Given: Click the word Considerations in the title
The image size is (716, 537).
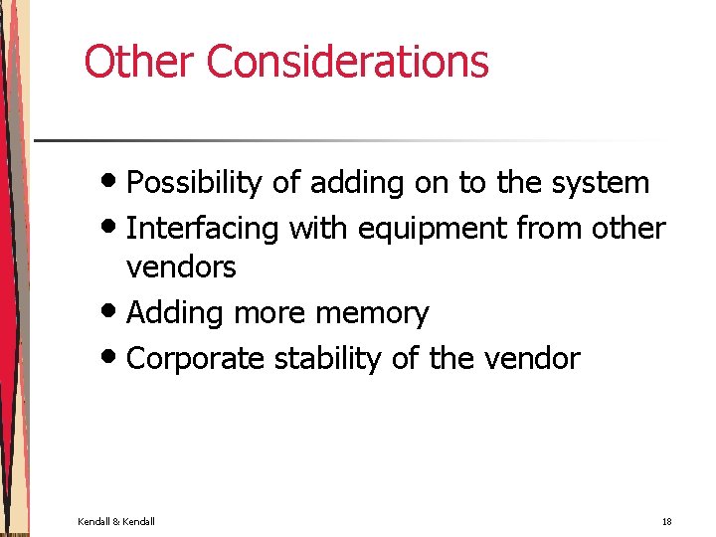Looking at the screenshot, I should click(347, 62).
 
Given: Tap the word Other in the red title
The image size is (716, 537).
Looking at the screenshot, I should click(140, 62).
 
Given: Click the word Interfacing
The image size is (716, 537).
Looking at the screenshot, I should click(204, 228).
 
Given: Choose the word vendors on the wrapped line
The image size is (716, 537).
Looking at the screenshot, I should click(181, 268).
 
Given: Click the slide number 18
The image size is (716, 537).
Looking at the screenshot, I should click(666, 521).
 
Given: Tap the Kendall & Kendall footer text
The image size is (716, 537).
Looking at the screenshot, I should click(116, 521).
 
